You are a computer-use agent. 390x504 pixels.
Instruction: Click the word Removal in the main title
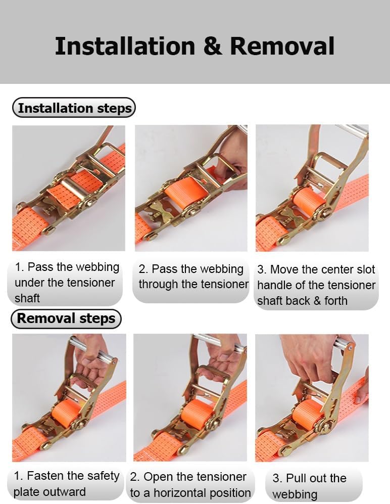(282, 46)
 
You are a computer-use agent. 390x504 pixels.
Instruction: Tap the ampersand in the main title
(212, 46)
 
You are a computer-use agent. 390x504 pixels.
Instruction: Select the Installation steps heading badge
(74, 108)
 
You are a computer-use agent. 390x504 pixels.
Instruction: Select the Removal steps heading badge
(66, 318)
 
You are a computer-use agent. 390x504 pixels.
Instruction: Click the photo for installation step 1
(68, 188)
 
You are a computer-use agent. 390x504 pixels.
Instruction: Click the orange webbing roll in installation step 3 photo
(309, 201)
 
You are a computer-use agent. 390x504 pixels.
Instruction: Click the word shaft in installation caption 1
(27, 298)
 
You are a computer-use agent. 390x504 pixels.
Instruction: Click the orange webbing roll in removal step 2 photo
(197, 413)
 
